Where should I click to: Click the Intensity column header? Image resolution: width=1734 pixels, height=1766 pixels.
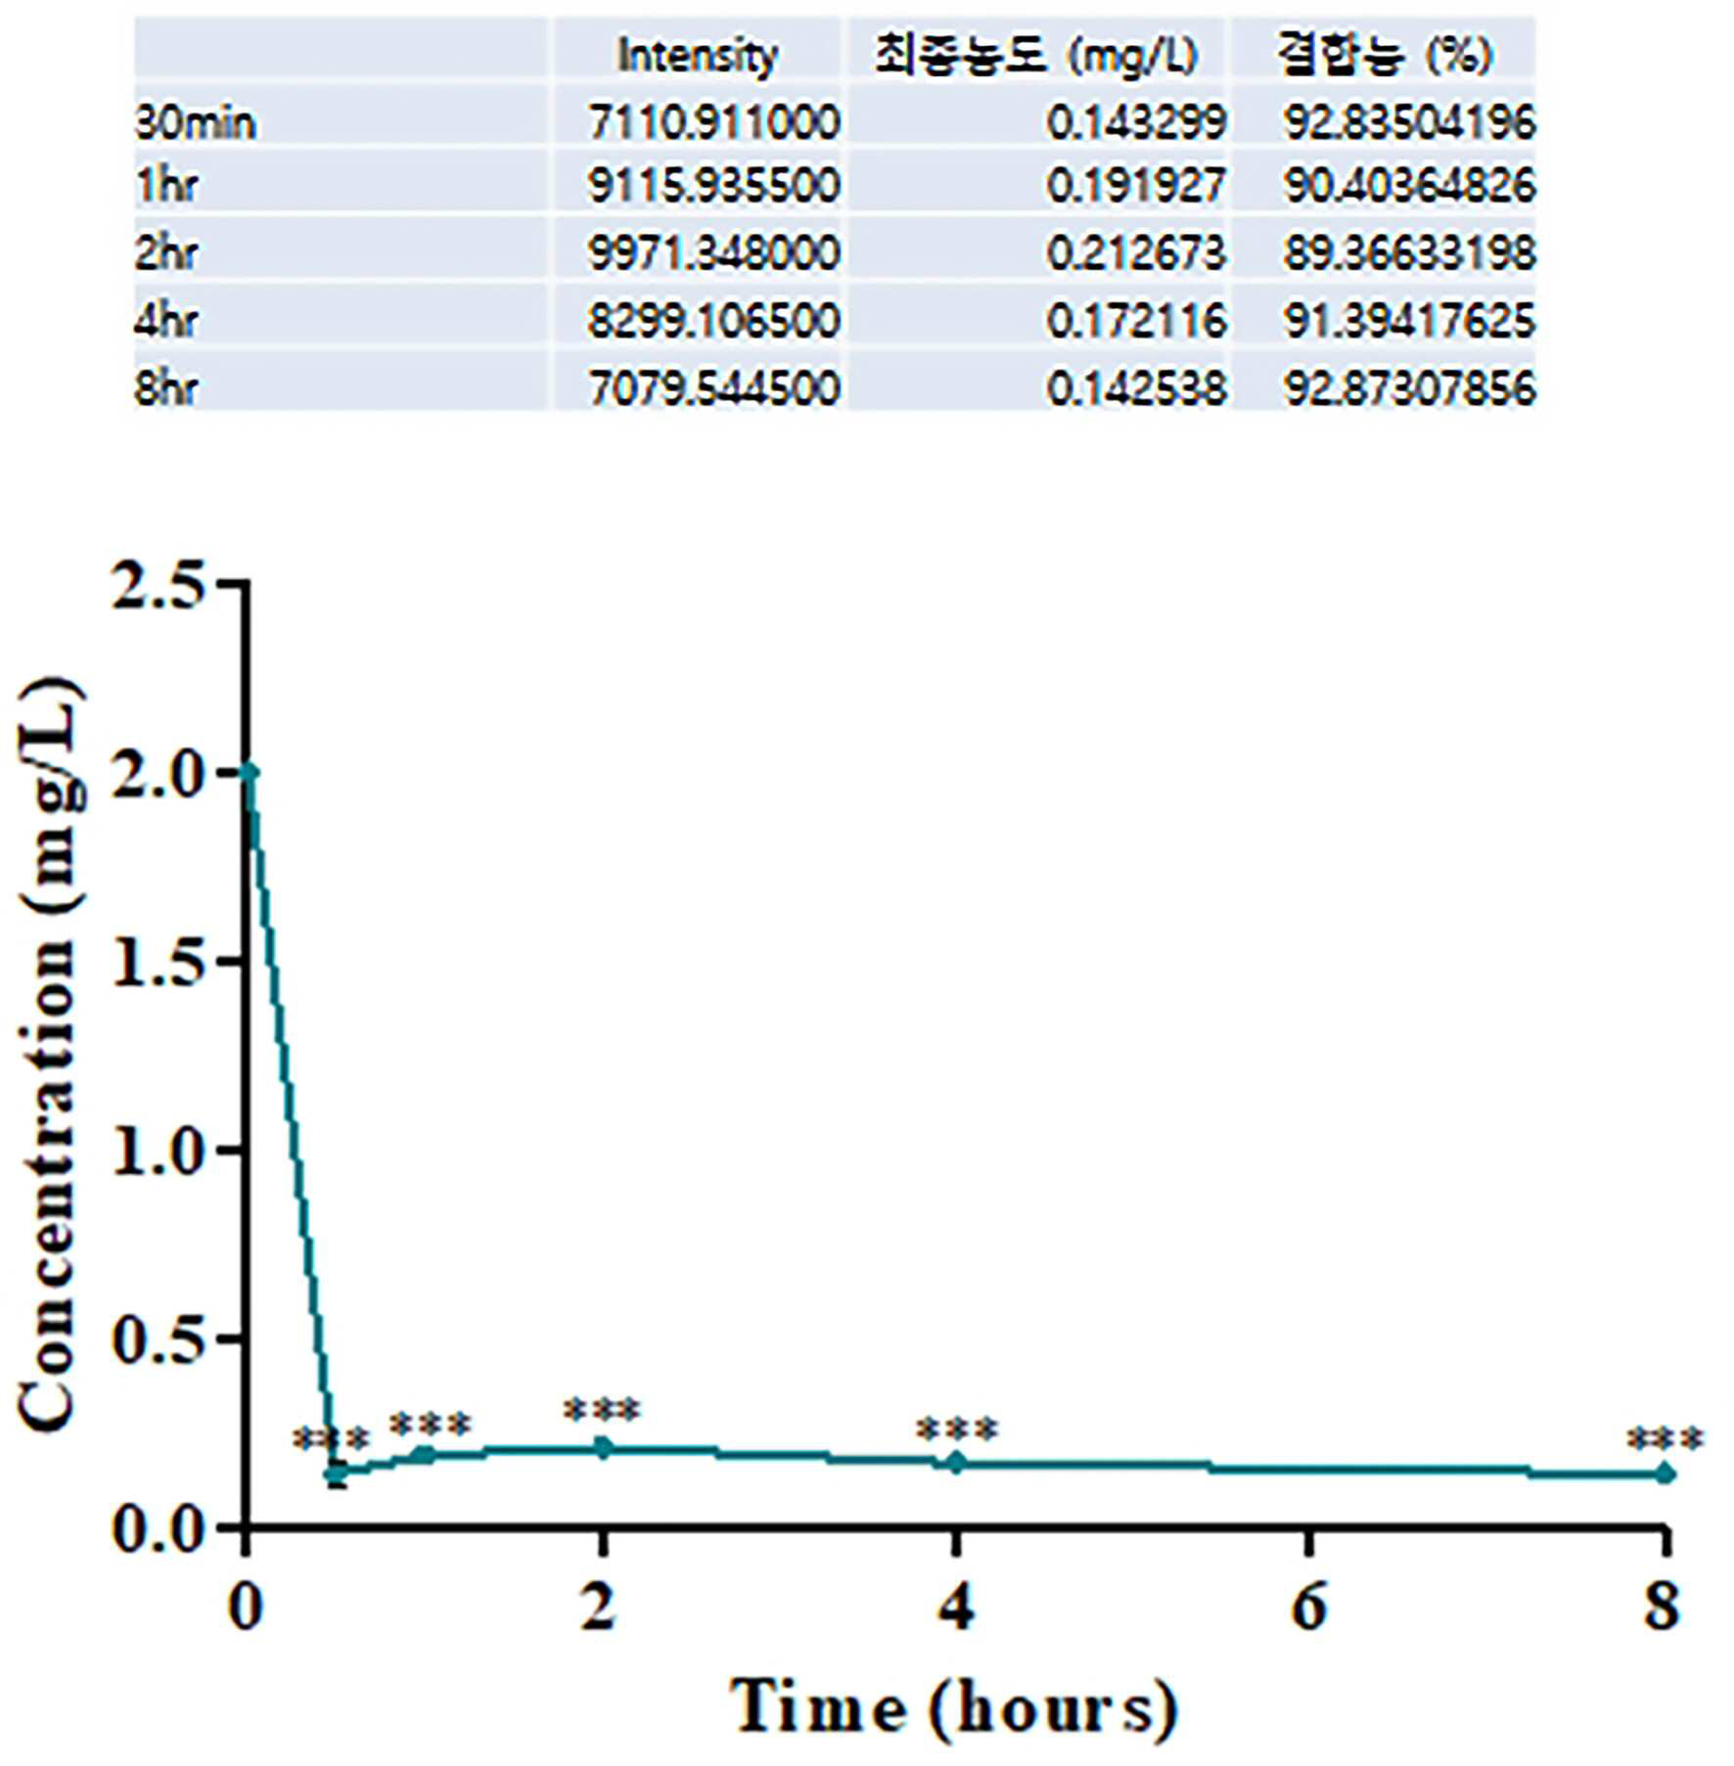point(698,55)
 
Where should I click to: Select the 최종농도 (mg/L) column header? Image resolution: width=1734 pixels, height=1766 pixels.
point(1036,54)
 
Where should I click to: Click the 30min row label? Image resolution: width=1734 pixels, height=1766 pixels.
point(195,123)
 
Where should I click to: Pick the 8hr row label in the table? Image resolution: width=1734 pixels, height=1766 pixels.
point(165,388)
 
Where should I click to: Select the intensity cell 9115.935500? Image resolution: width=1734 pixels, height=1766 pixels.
point(713,185)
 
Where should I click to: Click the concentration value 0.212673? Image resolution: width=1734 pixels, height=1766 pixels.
point(1136,252)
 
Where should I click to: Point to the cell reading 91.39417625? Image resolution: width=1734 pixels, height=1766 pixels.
point(1410,320)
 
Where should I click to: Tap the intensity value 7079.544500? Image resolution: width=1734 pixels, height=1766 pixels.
point(713,388)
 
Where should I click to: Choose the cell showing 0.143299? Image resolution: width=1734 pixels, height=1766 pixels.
point(1136,122)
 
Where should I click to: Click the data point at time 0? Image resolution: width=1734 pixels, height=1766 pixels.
point(249,773)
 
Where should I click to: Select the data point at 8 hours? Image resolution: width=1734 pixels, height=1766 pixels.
point(1665,1473)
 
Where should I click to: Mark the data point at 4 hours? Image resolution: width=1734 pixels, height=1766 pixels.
point(956,1463)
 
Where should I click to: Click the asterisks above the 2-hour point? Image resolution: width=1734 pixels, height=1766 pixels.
point(602,1411)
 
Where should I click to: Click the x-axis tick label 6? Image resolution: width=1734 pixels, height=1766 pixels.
point(1309,1608)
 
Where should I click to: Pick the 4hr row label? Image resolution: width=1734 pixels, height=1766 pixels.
point(165,320)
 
